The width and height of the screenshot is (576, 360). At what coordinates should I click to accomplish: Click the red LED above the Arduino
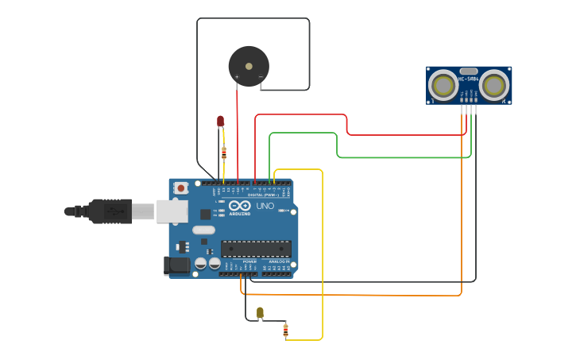221,121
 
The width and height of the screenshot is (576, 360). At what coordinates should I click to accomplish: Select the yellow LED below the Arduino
260,312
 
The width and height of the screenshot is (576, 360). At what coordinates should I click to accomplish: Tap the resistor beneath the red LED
223,153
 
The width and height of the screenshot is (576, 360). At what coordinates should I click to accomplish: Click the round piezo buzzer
249,65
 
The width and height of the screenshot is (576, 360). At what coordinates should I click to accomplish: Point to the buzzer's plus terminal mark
237,76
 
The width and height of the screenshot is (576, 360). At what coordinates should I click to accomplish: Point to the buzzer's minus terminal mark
261,76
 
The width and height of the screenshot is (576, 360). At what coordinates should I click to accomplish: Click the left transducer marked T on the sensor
443,85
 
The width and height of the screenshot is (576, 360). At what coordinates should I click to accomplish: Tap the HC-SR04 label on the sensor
469,79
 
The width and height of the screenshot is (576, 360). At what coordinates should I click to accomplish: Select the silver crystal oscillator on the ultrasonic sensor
469,71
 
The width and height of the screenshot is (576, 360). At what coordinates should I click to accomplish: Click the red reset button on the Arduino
181,188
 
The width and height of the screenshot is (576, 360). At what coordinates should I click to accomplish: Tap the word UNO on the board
265,207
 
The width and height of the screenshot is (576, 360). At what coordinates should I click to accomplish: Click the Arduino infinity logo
239,206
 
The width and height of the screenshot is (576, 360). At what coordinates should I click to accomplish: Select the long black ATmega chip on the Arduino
256,248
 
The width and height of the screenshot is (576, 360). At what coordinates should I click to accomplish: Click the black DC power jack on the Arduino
176,265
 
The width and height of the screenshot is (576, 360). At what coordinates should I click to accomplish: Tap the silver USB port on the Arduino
172,211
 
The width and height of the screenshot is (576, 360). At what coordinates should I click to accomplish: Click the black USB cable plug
111,211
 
